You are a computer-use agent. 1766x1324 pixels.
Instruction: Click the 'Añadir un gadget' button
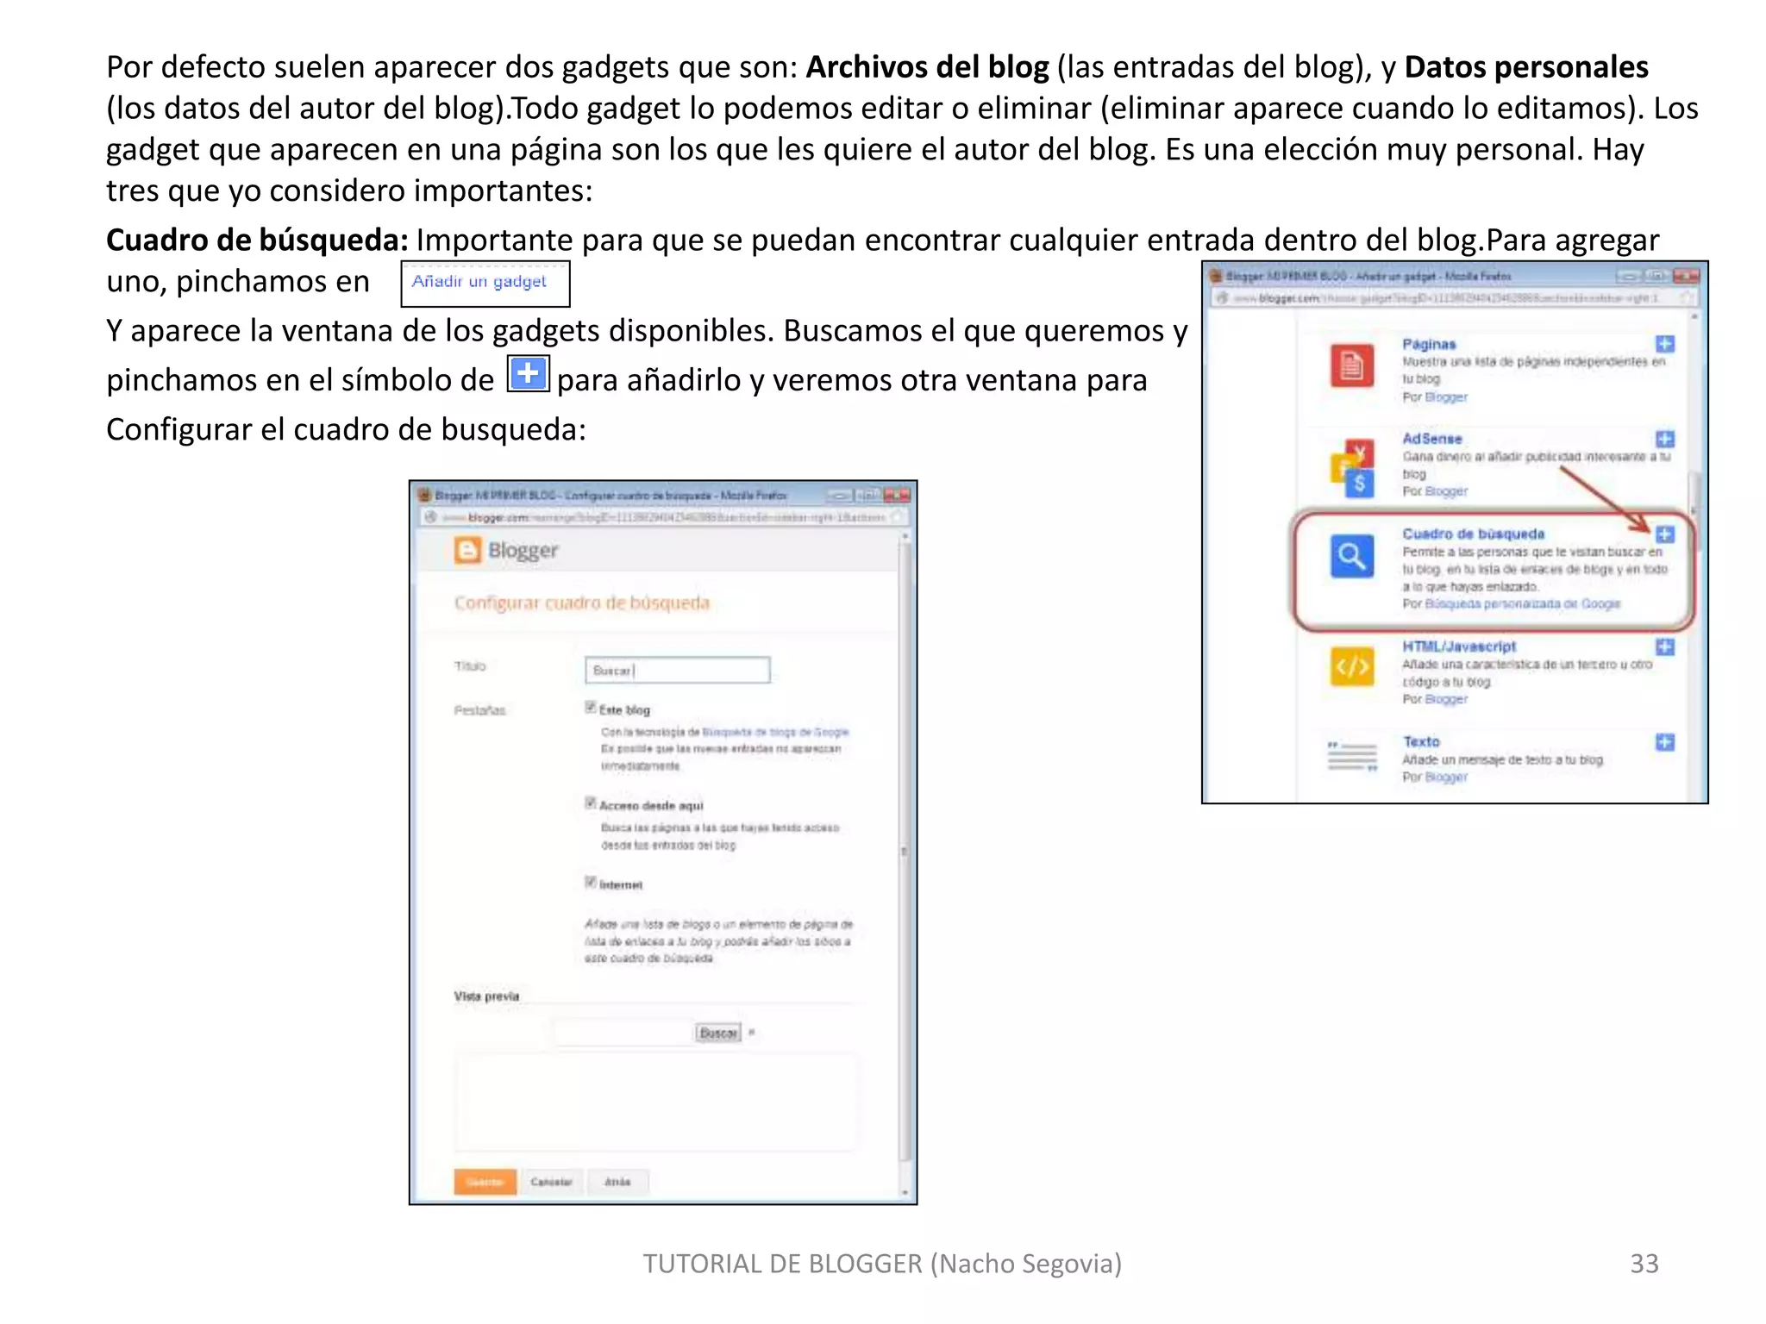tap(485, 283)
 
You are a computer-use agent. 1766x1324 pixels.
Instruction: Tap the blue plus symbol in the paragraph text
tap(528, 374)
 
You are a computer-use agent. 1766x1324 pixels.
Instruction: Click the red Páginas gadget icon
tap(1351, 365)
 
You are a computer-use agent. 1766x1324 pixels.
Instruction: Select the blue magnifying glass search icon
tap(1351, 556)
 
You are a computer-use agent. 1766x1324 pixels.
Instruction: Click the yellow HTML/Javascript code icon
tap(1351, 666)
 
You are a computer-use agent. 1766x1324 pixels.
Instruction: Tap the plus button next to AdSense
tap(1665, 439)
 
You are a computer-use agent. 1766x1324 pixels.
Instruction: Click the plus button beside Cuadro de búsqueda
tap(1665, 534)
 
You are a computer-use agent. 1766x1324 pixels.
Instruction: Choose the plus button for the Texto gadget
tap(1665, 742)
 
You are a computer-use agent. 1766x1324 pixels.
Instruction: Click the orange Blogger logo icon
tap(467, 550)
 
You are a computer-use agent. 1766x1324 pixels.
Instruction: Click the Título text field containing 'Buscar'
tap(677, 670)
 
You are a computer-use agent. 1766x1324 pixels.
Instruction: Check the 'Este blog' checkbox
tap(591, 708)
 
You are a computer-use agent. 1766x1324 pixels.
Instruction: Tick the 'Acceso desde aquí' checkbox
tap(591, 803)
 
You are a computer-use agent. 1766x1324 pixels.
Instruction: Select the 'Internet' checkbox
tap(591, 882)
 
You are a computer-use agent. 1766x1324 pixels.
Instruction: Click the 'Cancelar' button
tap(551, 1182)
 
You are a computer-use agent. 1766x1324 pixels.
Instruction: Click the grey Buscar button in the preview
tap(718, 1033)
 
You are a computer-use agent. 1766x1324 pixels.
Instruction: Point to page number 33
tap(1644, 1264)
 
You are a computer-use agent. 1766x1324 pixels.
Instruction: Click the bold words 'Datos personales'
tap(1525, 67)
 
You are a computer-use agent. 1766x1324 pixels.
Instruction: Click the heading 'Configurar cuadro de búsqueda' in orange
tap(582, 603)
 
